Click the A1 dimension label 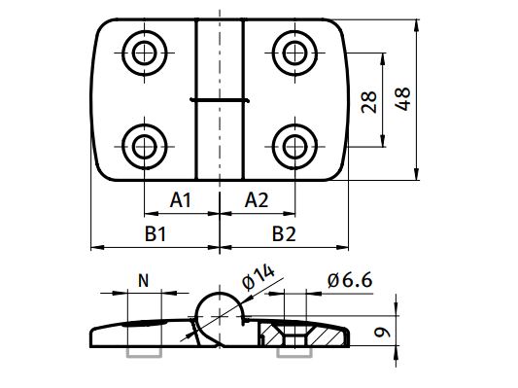[181, 200]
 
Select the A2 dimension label [257, 200]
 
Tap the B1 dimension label [155, 234]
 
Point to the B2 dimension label [284, 234]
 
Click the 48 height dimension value [402, 99]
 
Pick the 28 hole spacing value [368, 102]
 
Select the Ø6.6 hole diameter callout [350, 281]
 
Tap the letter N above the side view [144, 281]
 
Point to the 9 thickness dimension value [382, 333]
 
